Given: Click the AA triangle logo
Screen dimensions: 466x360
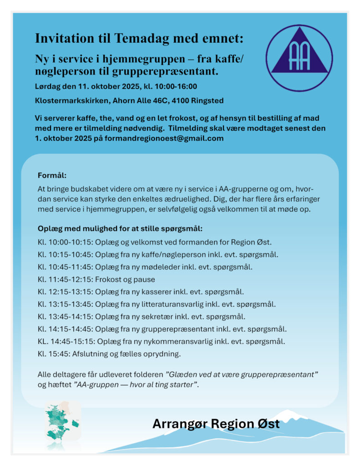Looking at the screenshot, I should click(299, 58).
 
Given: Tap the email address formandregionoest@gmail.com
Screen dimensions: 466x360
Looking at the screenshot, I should click(164, 138).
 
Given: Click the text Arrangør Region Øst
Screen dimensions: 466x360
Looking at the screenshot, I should click(216, 424).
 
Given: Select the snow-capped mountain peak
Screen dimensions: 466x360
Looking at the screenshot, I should click(289, 414).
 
